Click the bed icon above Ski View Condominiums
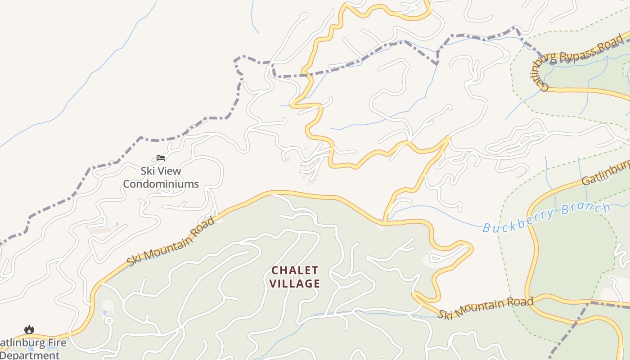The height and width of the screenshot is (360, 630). (x=161, y=158)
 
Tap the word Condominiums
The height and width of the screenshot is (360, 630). (x=161, y=184)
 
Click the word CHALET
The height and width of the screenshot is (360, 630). (x=295, y=270)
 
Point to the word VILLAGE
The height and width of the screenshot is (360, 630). (x=296, y=283)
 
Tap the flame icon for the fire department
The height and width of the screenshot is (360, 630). (x=29, y=330)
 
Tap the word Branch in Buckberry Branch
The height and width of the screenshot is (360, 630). (x=585, y=209)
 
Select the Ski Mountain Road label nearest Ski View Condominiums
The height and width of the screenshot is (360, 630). (x=171, y=241)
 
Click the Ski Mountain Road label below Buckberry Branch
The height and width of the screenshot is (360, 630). (x=486, y=307)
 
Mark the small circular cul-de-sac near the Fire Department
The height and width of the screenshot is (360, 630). (x=109, y=320)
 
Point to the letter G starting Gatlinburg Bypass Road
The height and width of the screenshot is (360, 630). (x=544, y=85)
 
